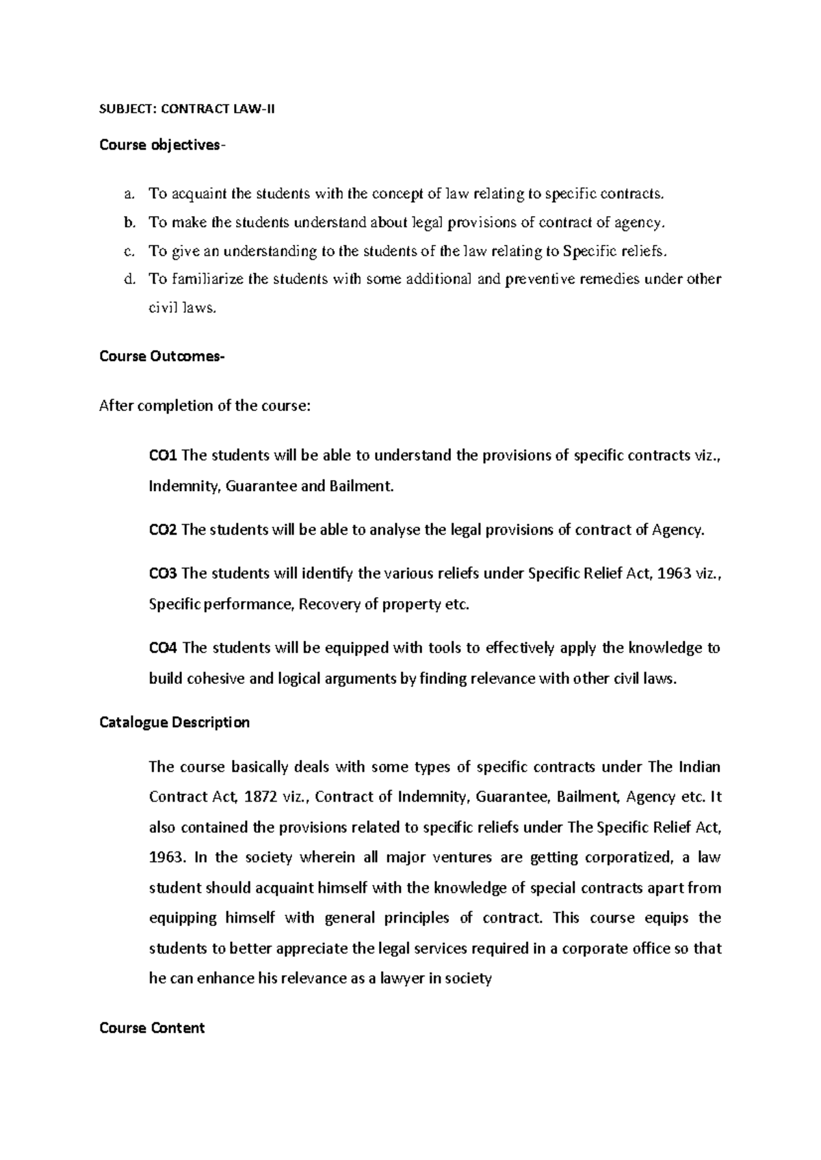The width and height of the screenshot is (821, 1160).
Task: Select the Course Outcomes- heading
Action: coord(161,356)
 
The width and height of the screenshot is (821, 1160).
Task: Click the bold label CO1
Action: coord(163,456)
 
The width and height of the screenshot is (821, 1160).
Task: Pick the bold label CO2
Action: coord(163,530)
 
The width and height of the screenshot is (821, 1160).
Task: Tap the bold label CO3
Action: coord(163,573)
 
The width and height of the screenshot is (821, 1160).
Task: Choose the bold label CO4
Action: coord(163,648)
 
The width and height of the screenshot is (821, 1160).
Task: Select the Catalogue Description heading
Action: coord(174,722)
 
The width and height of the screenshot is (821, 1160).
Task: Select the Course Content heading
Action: coord(152,1028)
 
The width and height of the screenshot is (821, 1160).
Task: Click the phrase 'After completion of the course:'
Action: coord(205,406)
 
